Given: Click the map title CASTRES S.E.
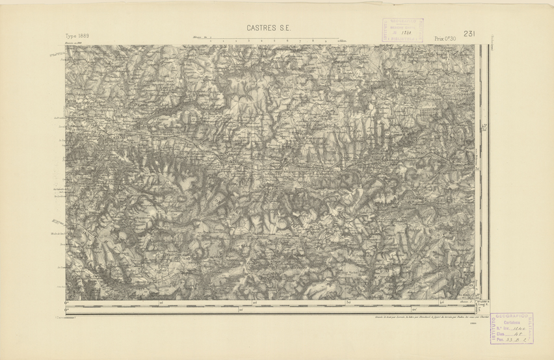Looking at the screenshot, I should click(x=269, y=28).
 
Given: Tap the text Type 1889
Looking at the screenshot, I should click(x=77, y=37).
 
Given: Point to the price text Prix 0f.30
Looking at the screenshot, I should click(x=445, y=39).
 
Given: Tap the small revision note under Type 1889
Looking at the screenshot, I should click(x=77, y=44).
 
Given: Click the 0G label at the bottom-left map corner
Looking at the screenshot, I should click(x=67, y=302).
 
